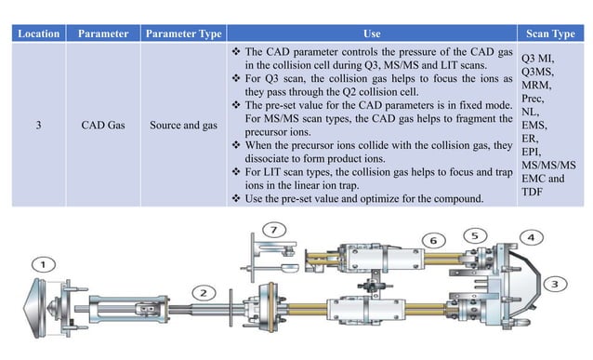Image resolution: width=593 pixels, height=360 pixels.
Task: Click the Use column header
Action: click(x=372, y=33)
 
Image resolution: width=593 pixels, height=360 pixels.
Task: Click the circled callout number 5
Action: click(x=476, y=236)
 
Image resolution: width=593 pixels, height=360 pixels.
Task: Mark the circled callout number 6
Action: click(x=432, y=240)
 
